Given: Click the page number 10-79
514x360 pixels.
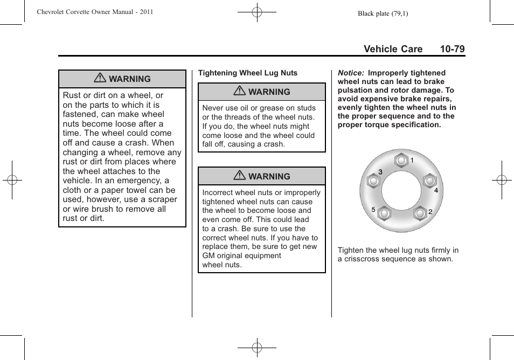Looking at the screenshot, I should pos(452,49).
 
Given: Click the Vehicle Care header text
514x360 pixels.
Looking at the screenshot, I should pos(393,49).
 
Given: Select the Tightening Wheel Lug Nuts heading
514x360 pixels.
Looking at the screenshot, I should pos(247,73).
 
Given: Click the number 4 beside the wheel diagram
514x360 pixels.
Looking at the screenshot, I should pos(436,190).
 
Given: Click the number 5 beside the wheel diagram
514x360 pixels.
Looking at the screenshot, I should pos(373,209).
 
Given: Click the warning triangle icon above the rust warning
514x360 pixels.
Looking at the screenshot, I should pos(99,79).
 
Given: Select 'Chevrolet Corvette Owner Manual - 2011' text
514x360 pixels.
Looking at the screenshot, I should pos(95,11).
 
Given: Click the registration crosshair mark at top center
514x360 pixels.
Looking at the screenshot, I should pos(257,11).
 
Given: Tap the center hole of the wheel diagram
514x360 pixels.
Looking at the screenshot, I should pos(401,190).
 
